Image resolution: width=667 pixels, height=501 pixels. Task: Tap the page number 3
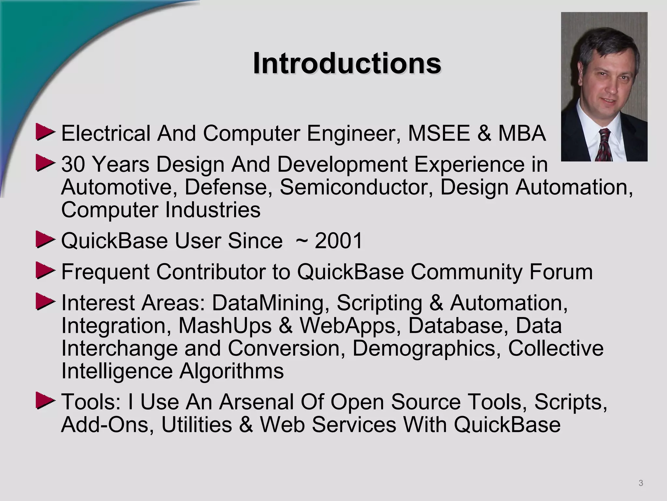[641, 483]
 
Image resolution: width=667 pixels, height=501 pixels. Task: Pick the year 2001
[339, 241]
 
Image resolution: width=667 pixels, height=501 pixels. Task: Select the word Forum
[561, 272]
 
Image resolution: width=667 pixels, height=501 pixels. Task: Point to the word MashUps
[225, 326]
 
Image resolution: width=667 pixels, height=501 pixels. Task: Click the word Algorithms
[232, 371]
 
